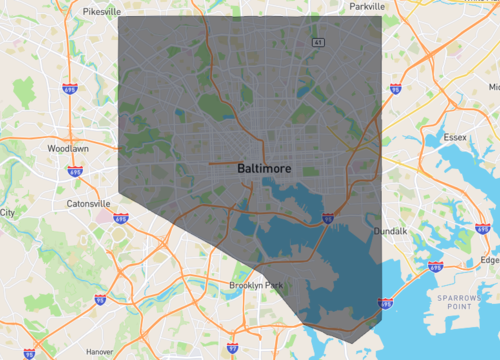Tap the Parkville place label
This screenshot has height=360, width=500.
[368, 6]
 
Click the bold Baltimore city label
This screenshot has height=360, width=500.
[265, 169]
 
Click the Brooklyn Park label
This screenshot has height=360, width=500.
[256, 285]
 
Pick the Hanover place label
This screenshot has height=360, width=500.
[99, 352]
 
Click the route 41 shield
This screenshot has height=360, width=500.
[317, 42]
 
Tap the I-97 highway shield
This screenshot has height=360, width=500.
[231, 348]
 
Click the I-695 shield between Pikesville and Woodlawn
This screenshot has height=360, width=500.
[71, 88]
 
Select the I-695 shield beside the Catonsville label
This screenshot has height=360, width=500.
[121, 217]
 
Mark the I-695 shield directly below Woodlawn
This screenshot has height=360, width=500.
[75, 171]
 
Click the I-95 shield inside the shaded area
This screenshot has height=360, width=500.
[328, 215]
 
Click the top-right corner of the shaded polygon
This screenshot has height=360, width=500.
[382, 16]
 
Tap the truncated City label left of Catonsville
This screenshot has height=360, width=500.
[7, 212]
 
